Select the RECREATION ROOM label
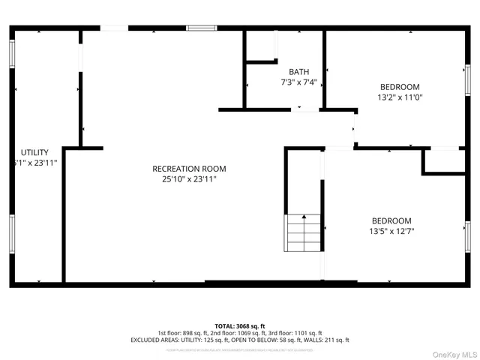click(x=189, y=169)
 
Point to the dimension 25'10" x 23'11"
click(x=189, y=179)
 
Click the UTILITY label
click(x=34, y=152)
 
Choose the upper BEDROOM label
click(x=399, y=87)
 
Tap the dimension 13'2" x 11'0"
click(x=399, y=97)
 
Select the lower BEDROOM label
click(x=391, y=220)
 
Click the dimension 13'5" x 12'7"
click(x=391, y=231)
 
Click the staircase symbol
click(x=303, y=232)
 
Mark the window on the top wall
click(x=201, y=28)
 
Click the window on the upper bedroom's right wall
click(x=467, y=79)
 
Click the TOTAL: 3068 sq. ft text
click(x=240, y=326)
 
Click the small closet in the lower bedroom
click(x=444, y=160)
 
